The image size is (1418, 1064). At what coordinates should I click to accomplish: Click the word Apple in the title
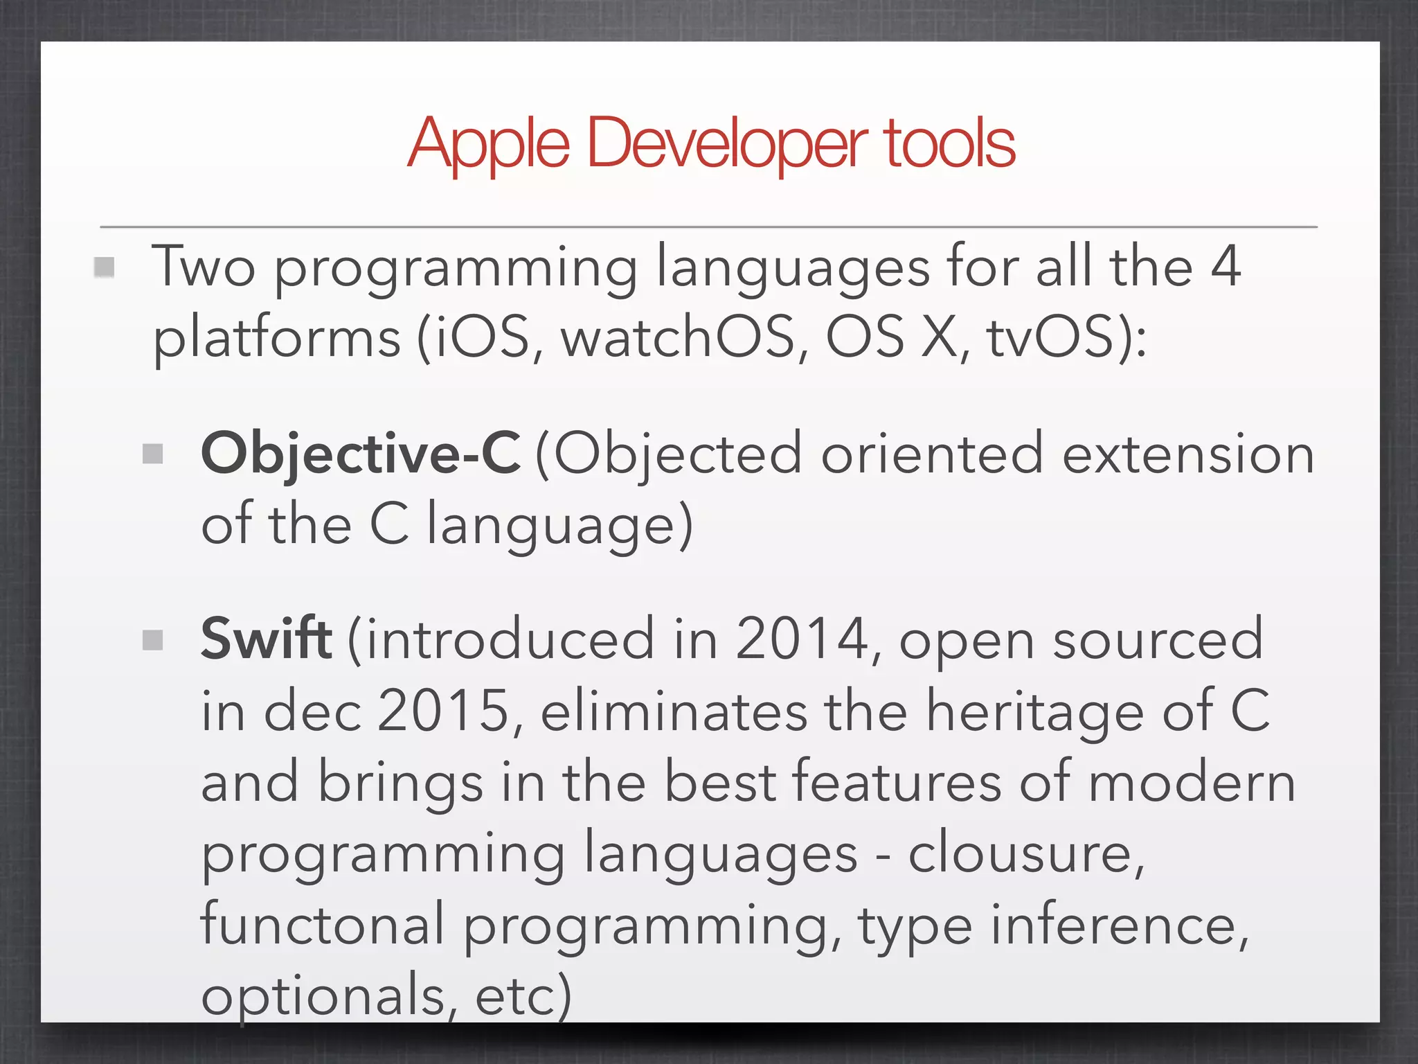point(489,144)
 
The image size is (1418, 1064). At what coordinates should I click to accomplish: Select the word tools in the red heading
point(950,144)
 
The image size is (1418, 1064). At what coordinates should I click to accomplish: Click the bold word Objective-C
point(360,454)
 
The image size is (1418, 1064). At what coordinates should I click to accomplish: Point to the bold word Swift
point(267,639)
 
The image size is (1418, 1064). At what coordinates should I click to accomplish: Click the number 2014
point(802,639)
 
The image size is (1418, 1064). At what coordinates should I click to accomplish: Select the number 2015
point(444,711)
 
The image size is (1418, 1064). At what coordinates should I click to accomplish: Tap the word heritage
point(1036,712)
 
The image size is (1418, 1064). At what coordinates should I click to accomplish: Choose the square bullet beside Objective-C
point(152,454)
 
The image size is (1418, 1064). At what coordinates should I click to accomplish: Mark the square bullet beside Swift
point(152,640)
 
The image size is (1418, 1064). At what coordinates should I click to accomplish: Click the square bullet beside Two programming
point(104,267)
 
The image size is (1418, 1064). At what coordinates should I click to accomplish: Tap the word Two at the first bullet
point(204,267)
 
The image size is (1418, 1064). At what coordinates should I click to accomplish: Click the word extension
point(1188,454)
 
